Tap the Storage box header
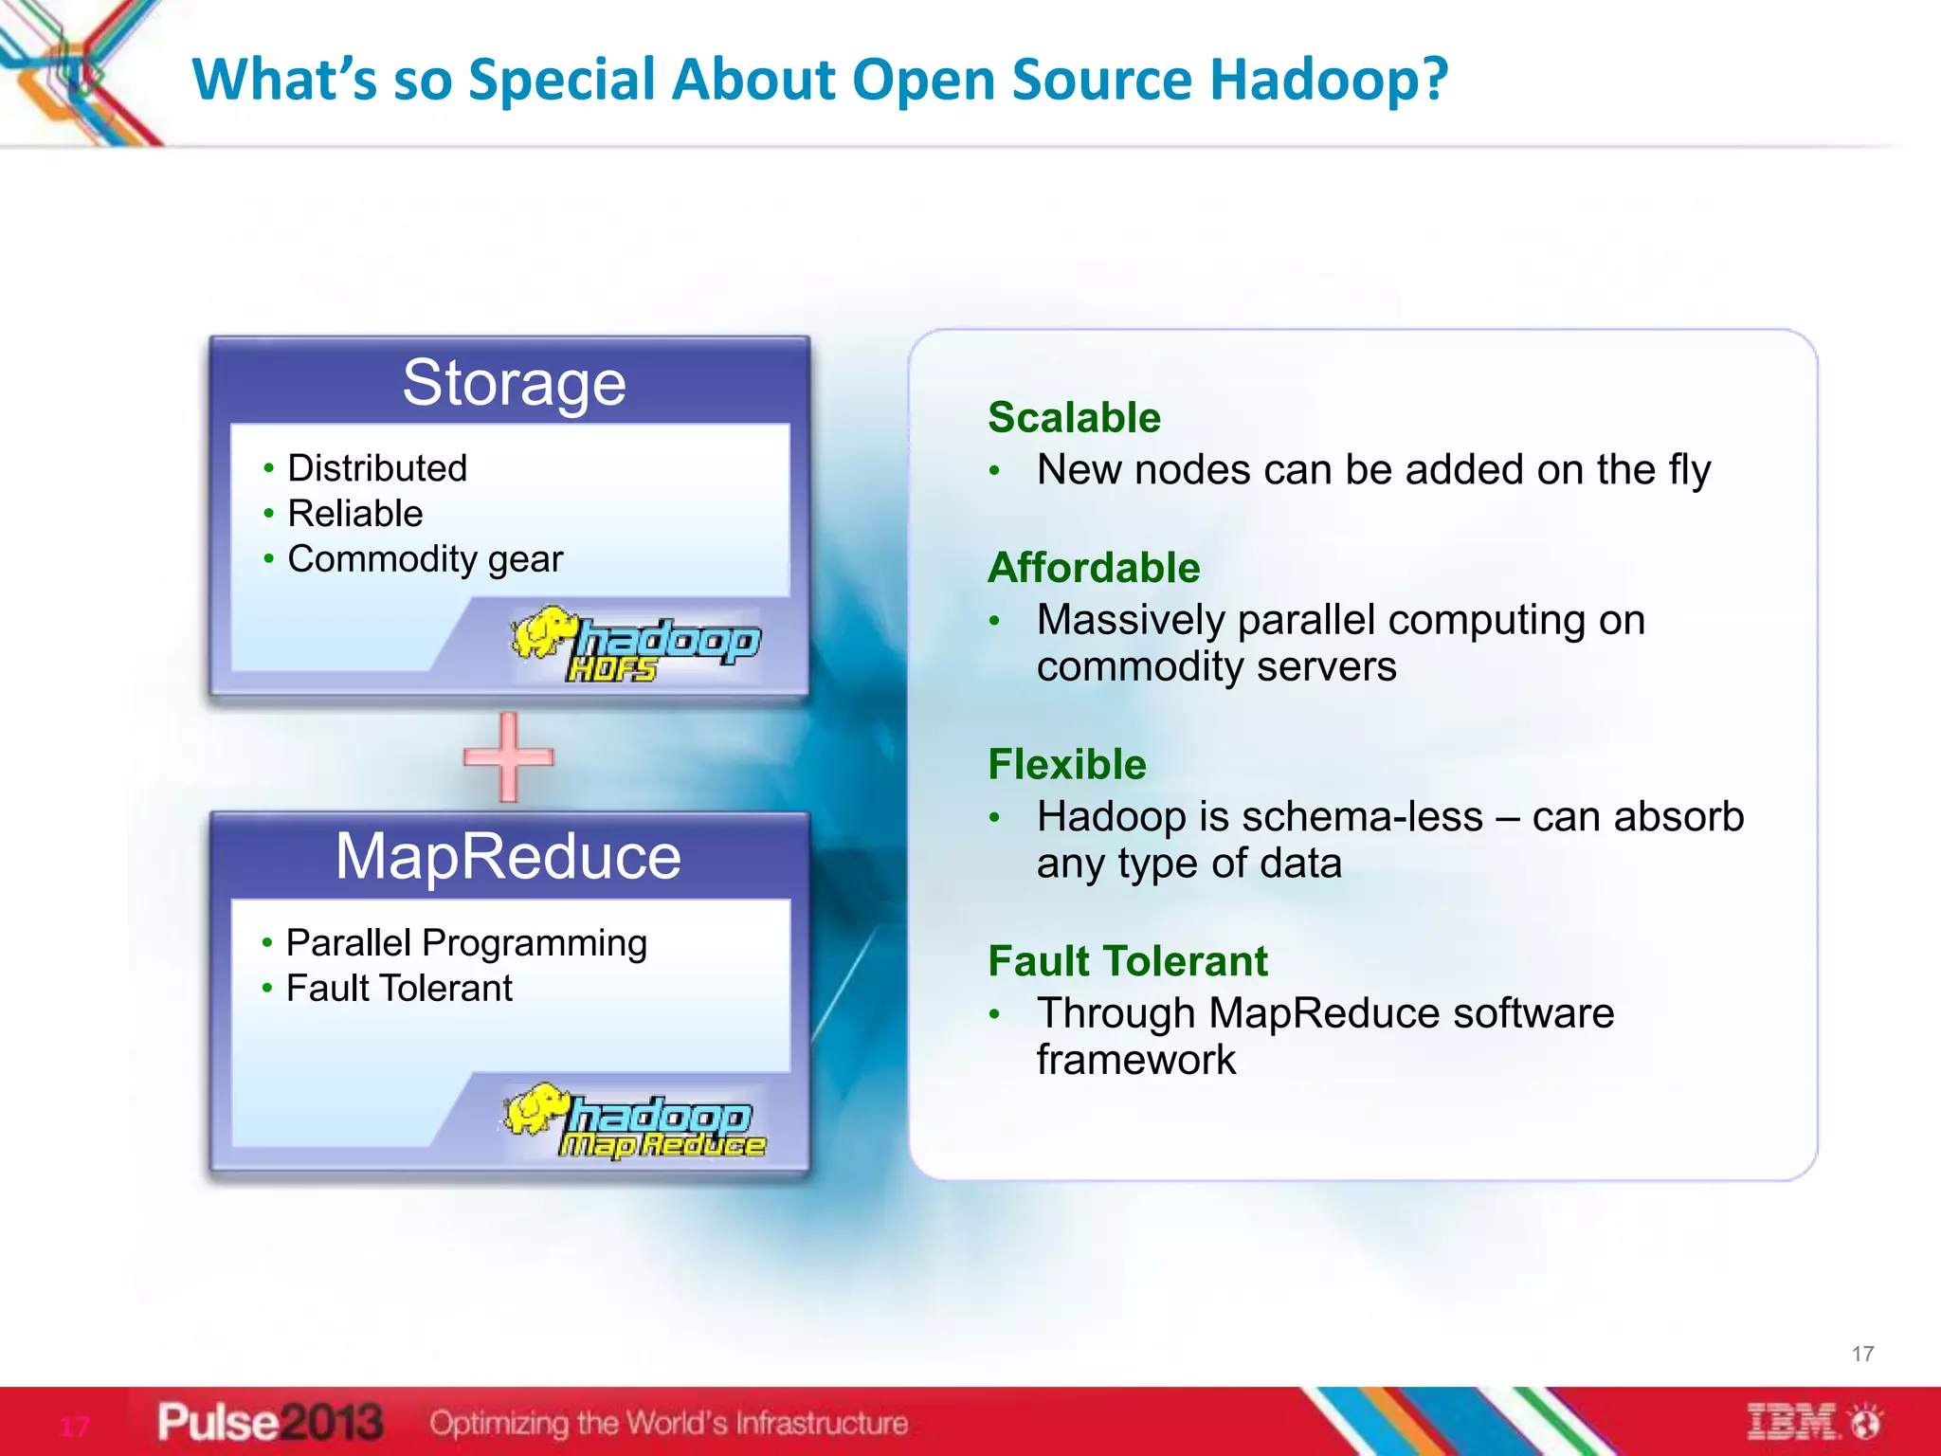coord(514,383)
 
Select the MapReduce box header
coord(509,857)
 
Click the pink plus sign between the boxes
coord(509,756)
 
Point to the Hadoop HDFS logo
coord(635,644)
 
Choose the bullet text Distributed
coord(377,468)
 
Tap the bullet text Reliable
coord(355,514)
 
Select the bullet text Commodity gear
coord(426,559)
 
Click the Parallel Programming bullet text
coord(466,943)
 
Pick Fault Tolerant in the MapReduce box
coord(399,989)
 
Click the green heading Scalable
coord(1074,418)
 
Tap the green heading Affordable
coord(1094,568)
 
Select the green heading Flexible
coord(1067,764)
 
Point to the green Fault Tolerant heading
coord(1128,961)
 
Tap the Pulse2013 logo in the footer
coord(270,1422)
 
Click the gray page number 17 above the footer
coord(1862,1354)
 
